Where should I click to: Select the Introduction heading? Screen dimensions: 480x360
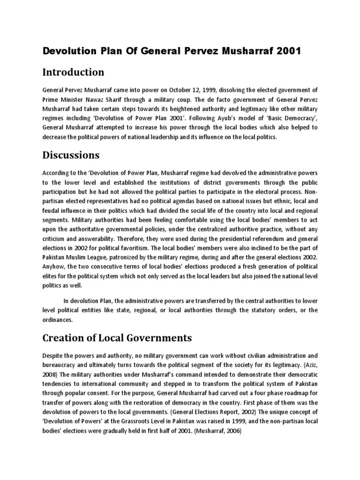73,72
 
